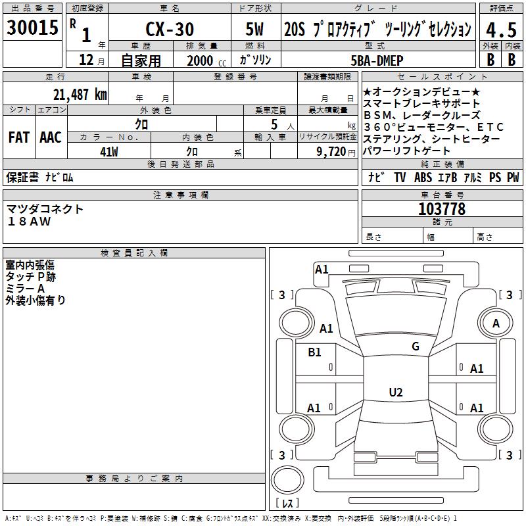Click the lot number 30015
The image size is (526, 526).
32,28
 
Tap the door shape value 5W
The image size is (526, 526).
256,30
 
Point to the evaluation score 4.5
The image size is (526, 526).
500,30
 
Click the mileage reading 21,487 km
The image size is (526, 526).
80,94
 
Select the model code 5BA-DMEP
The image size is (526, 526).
377,60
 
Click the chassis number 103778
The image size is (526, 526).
442,208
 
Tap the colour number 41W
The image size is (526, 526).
109,151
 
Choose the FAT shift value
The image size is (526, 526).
19,137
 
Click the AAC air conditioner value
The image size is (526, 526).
51,137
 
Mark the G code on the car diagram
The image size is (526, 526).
415,346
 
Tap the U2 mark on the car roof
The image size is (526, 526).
396,392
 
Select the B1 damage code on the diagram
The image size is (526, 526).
315,352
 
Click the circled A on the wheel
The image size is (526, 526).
496,323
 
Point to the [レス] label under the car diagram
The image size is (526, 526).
287,503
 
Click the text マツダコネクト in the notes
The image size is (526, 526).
45,209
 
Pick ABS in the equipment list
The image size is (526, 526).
423,178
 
